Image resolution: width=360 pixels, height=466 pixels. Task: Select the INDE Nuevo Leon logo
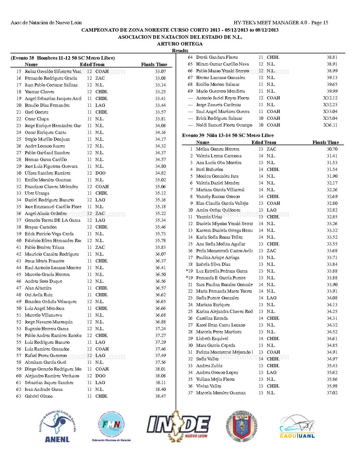click(x=178, y=426)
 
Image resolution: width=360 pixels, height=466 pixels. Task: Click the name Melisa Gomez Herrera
click(x=217, y=149)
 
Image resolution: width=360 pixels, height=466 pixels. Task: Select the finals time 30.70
click(x=332, y=149)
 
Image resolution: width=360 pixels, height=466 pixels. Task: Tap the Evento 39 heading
click(x=228, y=136)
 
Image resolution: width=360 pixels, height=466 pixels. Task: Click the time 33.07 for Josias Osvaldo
click(x=160, y=71)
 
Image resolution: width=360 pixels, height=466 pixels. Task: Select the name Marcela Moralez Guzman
click(x=221, y=393)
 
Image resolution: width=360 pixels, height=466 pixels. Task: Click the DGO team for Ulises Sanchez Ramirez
click(x=100, y=173)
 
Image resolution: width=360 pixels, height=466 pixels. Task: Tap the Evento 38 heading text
click(x=63, y=58)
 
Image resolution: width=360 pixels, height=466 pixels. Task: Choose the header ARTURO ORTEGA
click(x=180, y=44)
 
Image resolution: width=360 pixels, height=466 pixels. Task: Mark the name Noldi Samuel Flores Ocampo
click(x=224, y=125)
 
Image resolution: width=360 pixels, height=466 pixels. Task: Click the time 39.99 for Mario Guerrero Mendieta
click(x=332, y=91)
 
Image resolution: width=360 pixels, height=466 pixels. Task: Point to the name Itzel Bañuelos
click(x=210, y=169)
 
